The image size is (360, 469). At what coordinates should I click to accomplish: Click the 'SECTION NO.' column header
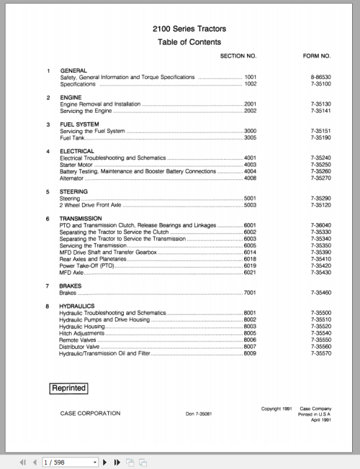coord(238,56)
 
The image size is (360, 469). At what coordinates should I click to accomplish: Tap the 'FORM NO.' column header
coord(316,56)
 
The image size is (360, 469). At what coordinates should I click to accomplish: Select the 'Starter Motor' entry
coord(78,165)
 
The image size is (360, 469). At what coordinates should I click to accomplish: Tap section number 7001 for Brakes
coord(250,293)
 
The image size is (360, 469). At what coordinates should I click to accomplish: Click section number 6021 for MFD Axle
coord(250,273)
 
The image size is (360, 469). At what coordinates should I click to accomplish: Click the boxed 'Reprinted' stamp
coord(69,388)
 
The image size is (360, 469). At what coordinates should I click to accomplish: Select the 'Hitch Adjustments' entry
coord(84,334)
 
